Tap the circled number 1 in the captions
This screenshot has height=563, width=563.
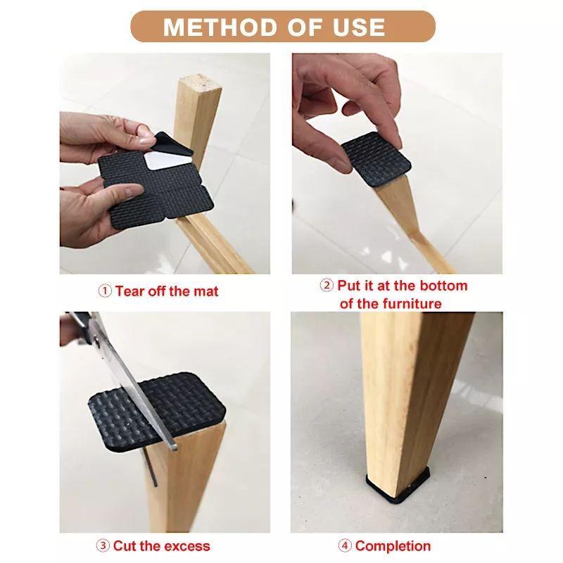tap(105, 291)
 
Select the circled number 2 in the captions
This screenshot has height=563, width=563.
tap(327, 286)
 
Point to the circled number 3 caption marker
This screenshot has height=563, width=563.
tap(103, 546)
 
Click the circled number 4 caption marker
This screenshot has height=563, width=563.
tap(345, 546)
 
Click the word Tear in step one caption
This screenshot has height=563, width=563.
tap(130, 291)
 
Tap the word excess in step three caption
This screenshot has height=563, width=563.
tap(186, 546)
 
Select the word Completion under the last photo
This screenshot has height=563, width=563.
tap(393, 546)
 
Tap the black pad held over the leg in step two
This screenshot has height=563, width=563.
tap(377, 158)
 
